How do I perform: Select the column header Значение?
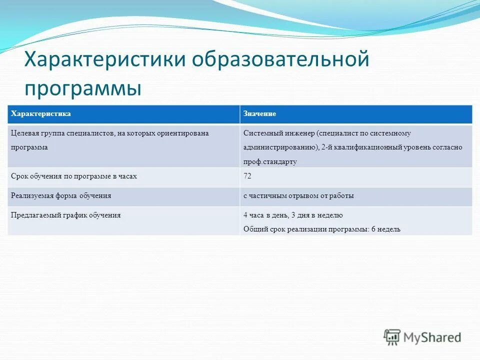click(x=259, y=114)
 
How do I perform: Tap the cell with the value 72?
click(x=247, y=176)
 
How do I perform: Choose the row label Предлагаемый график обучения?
click(x=66, y=215)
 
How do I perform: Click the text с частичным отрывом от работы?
click(x=298, y=196)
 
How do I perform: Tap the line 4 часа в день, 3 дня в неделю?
click(x=293, y=215)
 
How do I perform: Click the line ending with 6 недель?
click(x=322, y=229)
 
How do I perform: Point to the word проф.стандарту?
click(x=270, y=161)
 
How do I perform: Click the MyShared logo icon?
click(x=392, y=337)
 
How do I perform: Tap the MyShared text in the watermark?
click(x=432, y=337)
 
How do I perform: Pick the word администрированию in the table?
click(x=281, y=147)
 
